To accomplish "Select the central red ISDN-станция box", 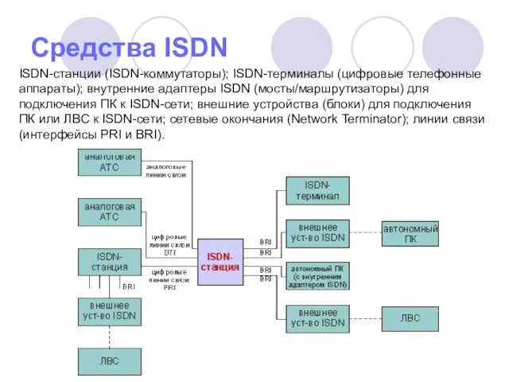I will [x=220, y=261].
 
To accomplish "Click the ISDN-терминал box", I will [x=317, y=190].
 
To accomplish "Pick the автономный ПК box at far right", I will [x=410, y=232].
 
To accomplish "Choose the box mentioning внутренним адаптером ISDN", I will [x=317, y=275].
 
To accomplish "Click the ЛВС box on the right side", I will [x=410, y=318].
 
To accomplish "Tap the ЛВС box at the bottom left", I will [x=109, y=361].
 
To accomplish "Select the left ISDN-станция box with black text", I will [x=109, y=262].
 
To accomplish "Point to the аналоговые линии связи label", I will [x=165, y=170].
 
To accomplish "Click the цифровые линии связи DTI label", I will [x=169, y=244].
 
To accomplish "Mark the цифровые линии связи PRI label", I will [x=169, y=280].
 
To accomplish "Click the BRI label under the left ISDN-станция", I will [x=128, y=285].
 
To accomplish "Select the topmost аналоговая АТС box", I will [x=109, y=162].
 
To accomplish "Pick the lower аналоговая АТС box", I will [x=109, y=211].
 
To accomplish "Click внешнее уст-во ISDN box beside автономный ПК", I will [x=317, y=232].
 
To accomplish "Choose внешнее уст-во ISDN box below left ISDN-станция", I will [x=109, y=311].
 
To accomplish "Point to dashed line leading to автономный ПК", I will [x=365, y=232].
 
